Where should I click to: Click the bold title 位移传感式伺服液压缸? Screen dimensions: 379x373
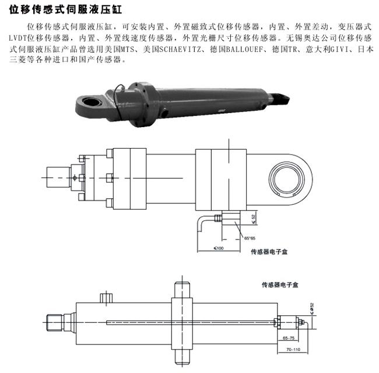point(65,9)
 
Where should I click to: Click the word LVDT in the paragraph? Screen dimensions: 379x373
point(18,38)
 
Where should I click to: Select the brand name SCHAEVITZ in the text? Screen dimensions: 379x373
point(180,50)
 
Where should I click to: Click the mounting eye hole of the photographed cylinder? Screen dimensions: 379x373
point(92,101)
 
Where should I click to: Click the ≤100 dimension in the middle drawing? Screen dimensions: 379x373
point(219,248)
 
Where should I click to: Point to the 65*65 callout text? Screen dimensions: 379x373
point(250,238)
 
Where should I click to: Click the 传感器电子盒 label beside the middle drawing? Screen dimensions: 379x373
point(269,252)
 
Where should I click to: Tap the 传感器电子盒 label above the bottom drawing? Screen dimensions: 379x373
point(280,285)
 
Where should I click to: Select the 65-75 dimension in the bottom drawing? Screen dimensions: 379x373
point(289,338)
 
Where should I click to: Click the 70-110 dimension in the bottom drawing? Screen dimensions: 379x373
point(293,349)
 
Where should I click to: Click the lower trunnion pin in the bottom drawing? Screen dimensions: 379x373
point(182,357)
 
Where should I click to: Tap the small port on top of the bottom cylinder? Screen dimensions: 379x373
point(106,297)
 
